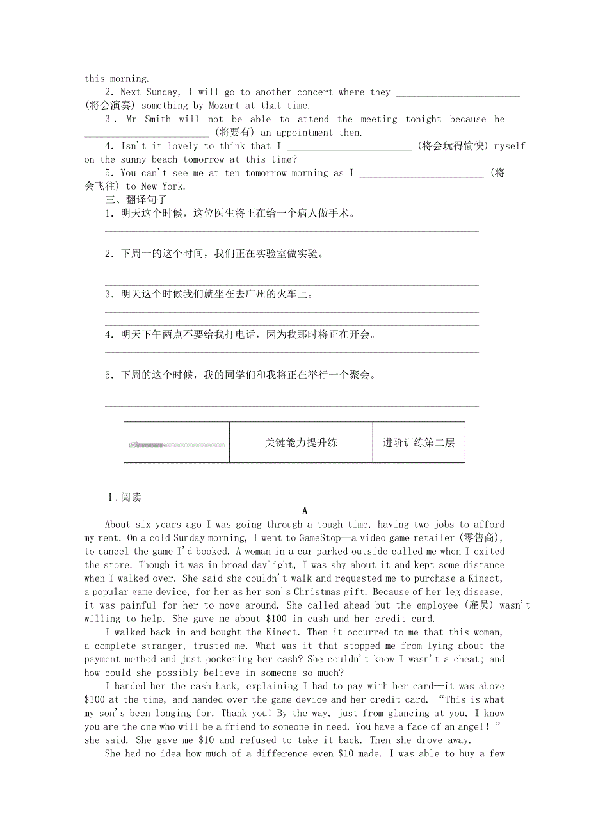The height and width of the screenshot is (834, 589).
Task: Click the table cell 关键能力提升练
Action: tap(301, 443)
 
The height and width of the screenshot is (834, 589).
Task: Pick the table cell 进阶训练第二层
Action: tap(419, 443)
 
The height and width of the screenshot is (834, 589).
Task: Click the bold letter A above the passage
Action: tap(305, 511)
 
